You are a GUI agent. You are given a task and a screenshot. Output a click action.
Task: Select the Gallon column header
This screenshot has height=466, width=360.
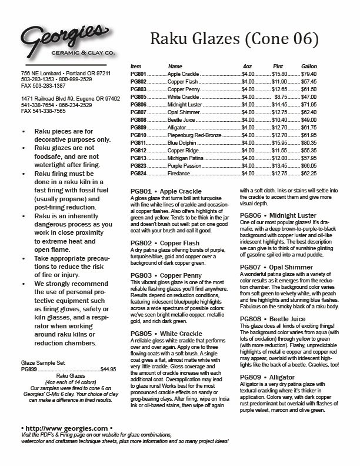click(309, 66)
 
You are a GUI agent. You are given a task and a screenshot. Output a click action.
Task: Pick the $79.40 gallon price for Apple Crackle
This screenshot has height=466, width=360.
click(309, 75)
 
